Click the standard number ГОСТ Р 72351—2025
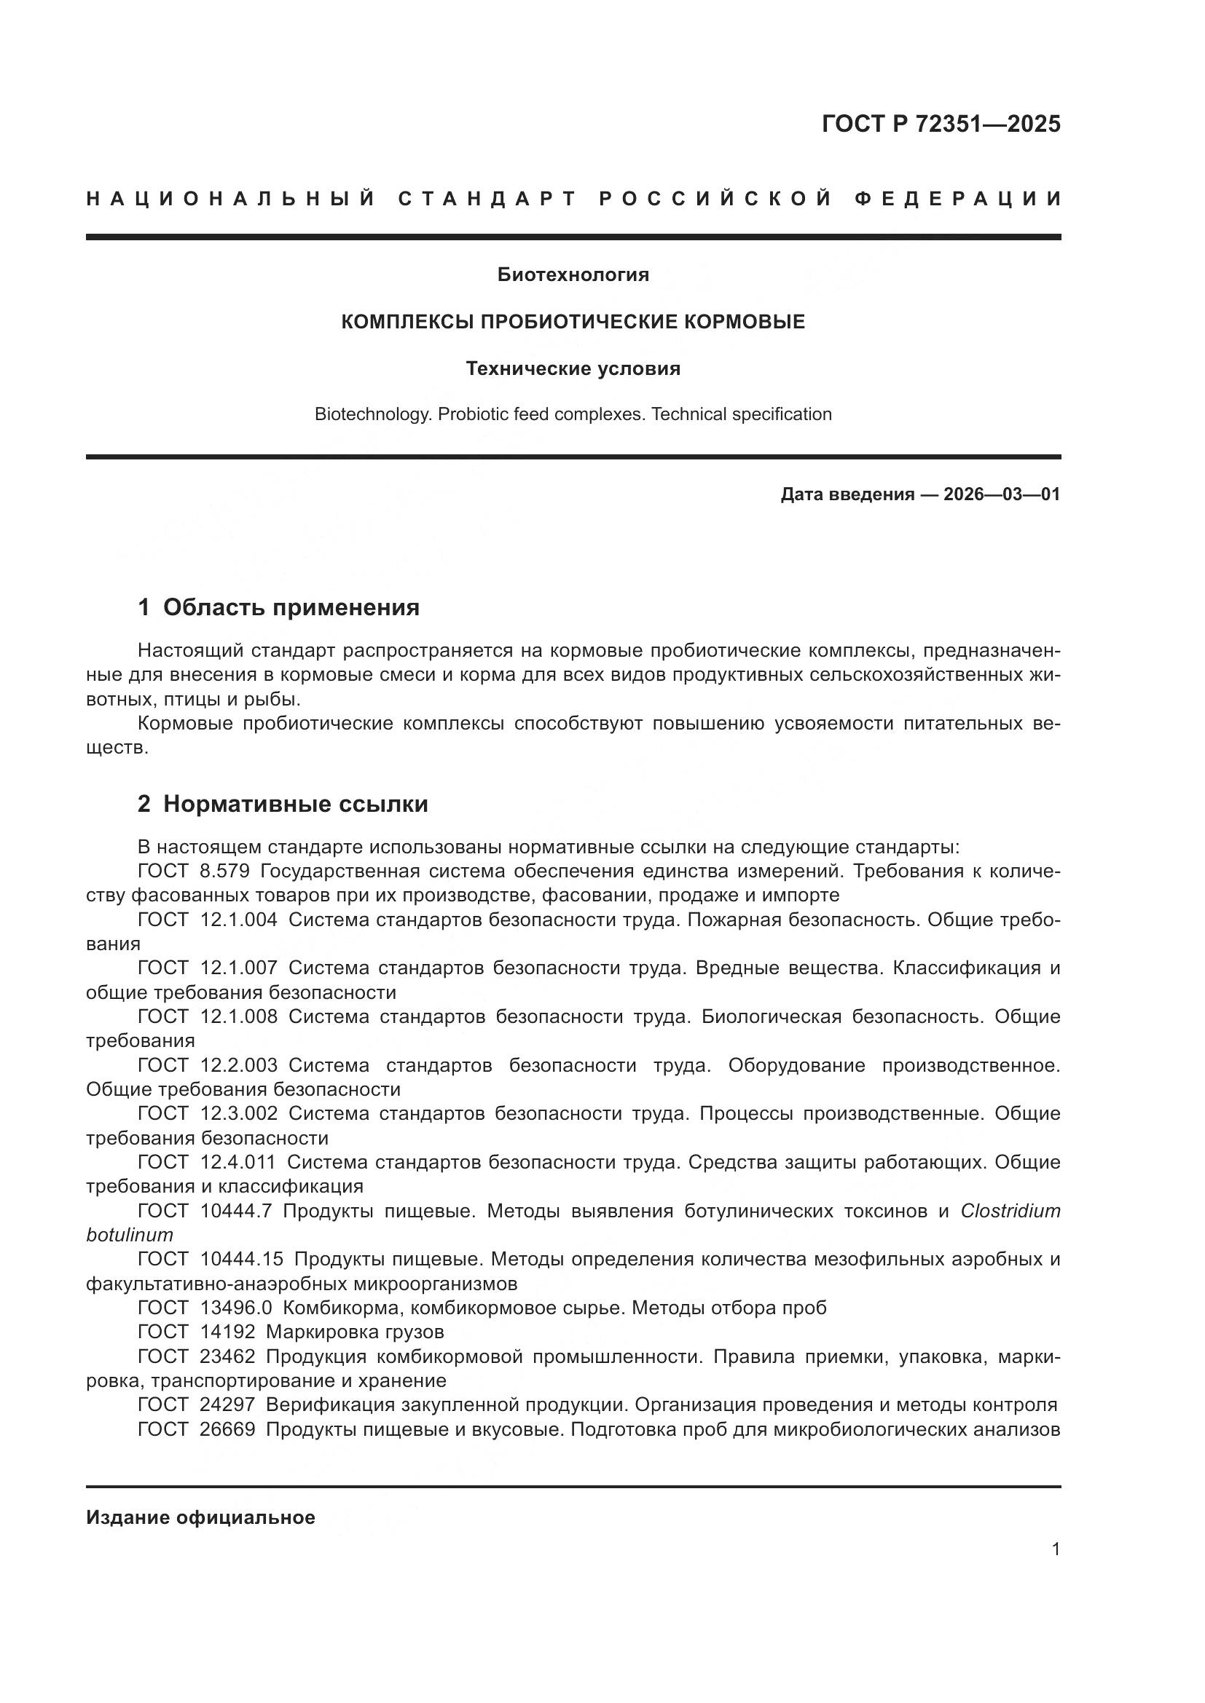tap(941, 124)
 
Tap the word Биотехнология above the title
tap(573, 275)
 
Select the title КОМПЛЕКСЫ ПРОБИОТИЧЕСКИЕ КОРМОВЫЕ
tap(573, 322)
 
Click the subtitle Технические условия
tap(573, 368)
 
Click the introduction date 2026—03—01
tap(1002, 494)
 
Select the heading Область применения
tap(291, 607)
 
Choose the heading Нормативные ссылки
tap(295, 804)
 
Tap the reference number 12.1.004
tap(239, 920)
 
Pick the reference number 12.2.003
tap(239, 1066)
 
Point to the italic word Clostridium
tap(1010, 1212)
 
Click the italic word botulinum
tap(129, 1235)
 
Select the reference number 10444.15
tap(242, 1260)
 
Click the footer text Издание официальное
tap(200, 1517)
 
